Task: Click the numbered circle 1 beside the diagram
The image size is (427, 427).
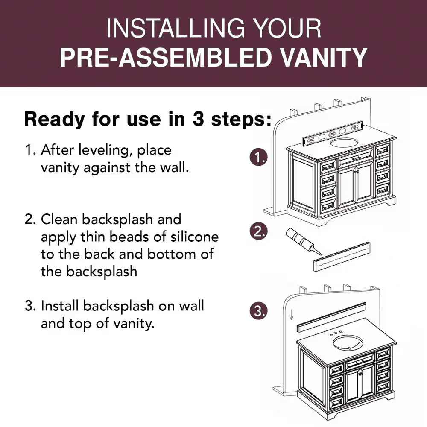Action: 259,158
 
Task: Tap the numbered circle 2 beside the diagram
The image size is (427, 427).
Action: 259,231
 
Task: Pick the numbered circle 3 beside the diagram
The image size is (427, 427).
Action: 259,311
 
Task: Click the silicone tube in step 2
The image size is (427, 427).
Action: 303,241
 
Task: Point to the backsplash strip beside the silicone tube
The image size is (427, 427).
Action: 342,257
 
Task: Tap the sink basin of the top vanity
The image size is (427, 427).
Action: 344,143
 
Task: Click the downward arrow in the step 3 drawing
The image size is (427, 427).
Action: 291,315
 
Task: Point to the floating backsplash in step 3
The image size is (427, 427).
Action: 331,317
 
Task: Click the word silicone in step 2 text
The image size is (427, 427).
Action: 194,237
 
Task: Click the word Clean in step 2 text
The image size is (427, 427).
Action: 59,219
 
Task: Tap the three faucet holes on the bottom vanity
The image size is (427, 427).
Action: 336,333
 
